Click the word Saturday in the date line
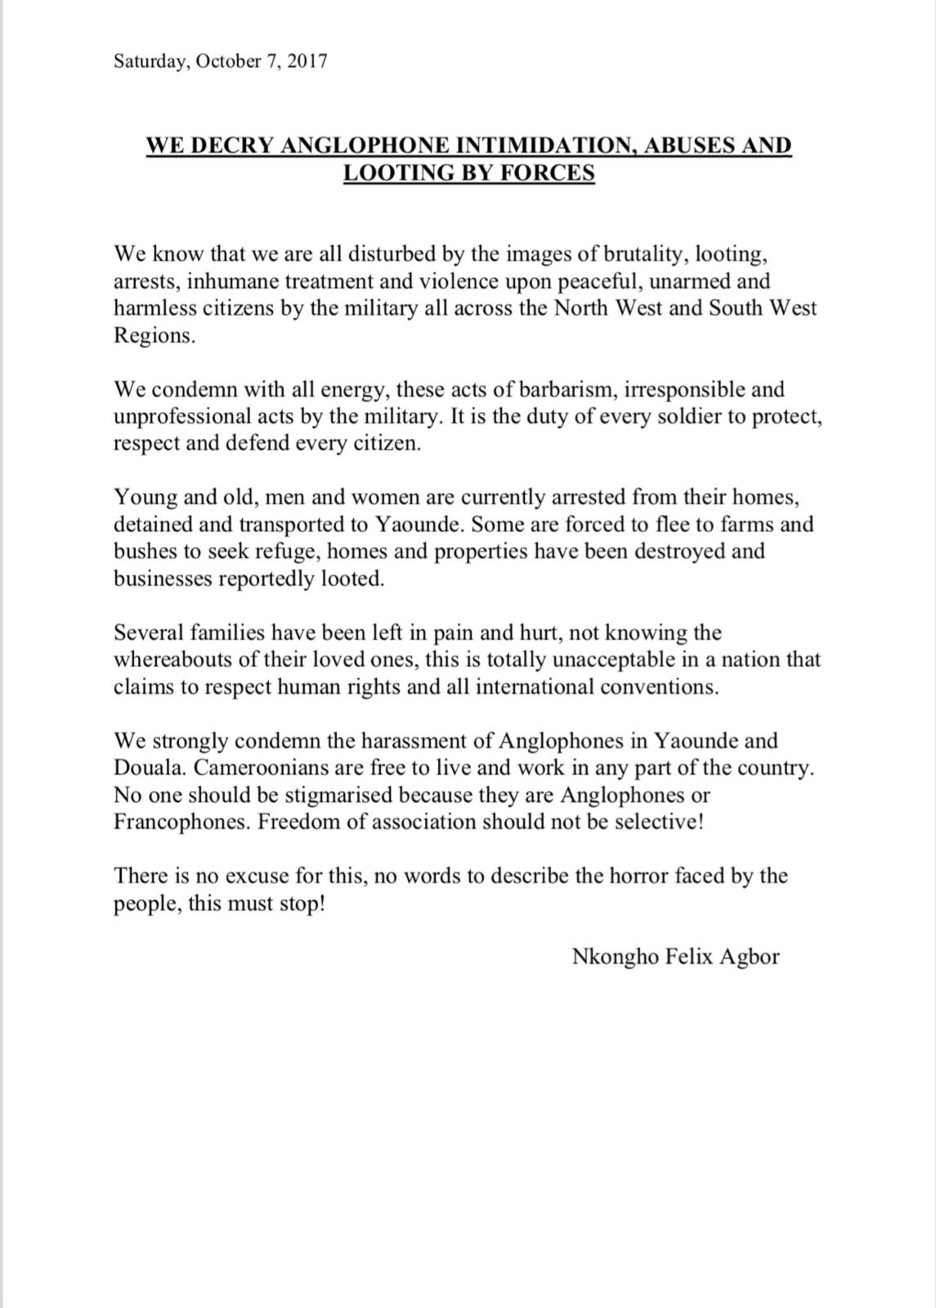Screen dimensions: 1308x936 (148, 61)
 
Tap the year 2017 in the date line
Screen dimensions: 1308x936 (305, 61)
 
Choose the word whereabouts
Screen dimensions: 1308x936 (174, 660)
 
